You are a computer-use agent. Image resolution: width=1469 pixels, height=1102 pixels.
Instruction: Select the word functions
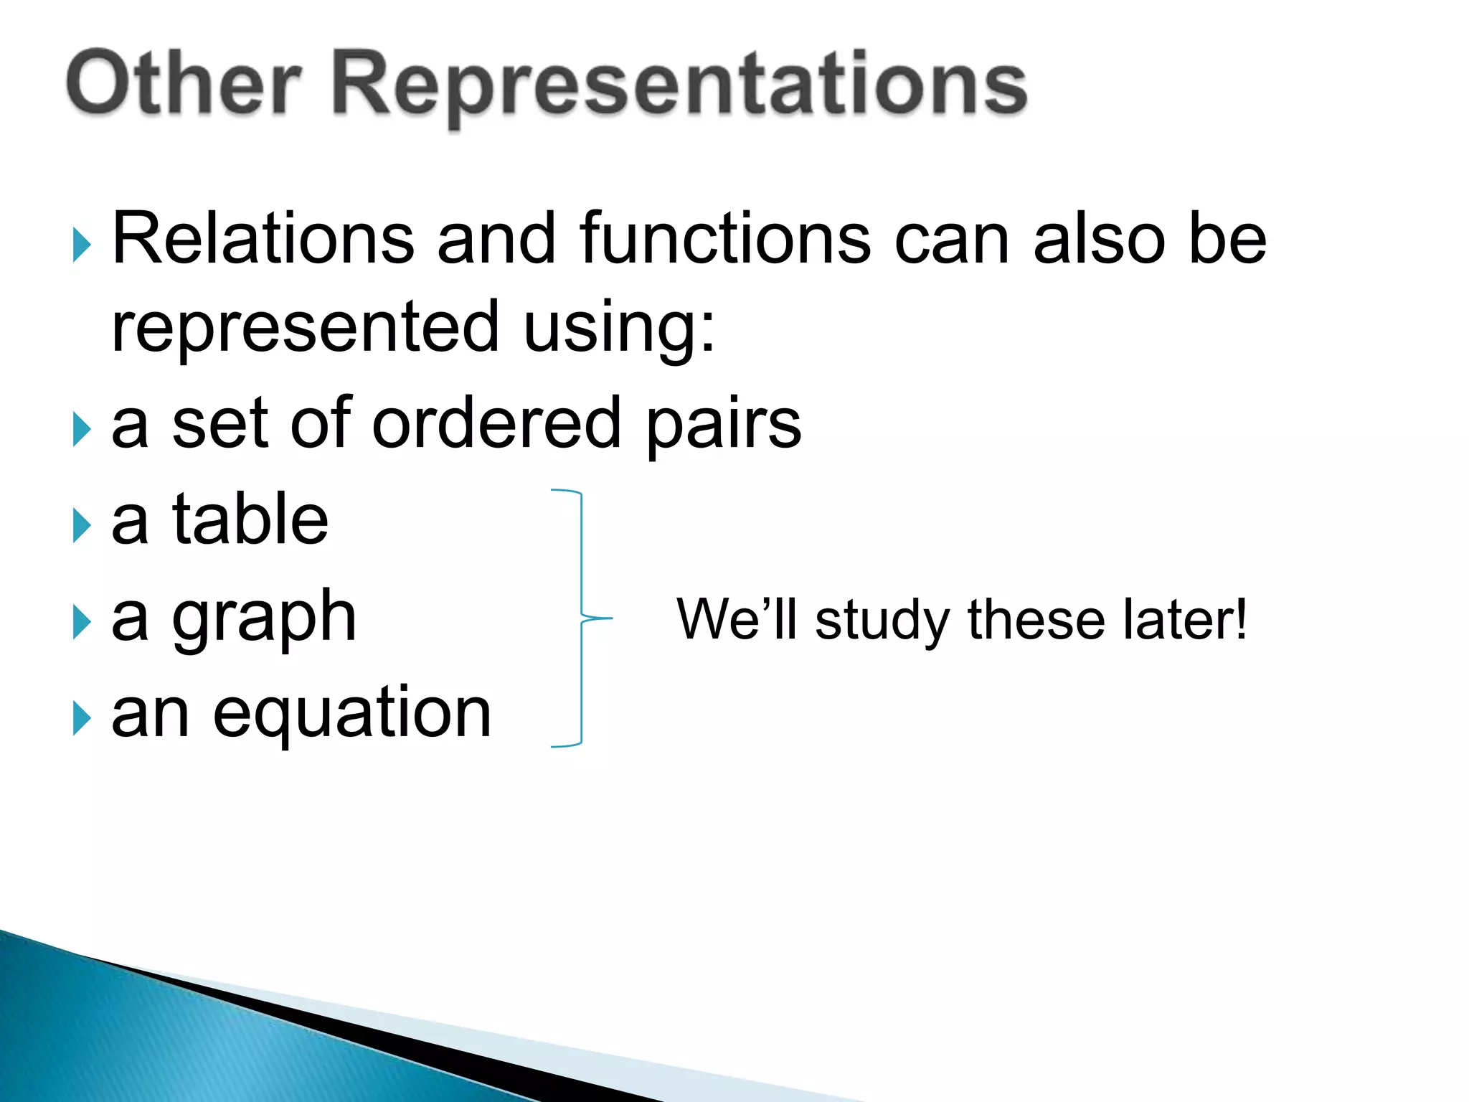point(725,238)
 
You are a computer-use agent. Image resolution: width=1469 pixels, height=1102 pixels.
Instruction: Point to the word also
point(1099,238)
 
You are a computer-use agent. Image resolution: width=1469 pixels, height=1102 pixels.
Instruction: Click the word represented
point(306,327)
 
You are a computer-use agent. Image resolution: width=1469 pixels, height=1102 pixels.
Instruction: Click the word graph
point(264,618)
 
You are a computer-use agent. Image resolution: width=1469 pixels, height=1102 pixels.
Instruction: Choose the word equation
point(352,714)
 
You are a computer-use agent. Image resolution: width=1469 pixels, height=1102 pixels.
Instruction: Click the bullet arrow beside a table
point(82,526)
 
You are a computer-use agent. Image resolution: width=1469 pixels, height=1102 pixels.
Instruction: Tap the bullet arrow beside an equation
point(82,719)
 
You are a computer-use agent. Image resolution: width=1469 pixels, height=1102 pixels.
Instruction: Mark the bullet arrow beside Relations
point(82,245)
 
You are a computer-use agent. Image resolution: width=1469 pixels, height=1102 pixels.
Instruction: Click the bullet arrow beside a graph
point(82,622)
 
